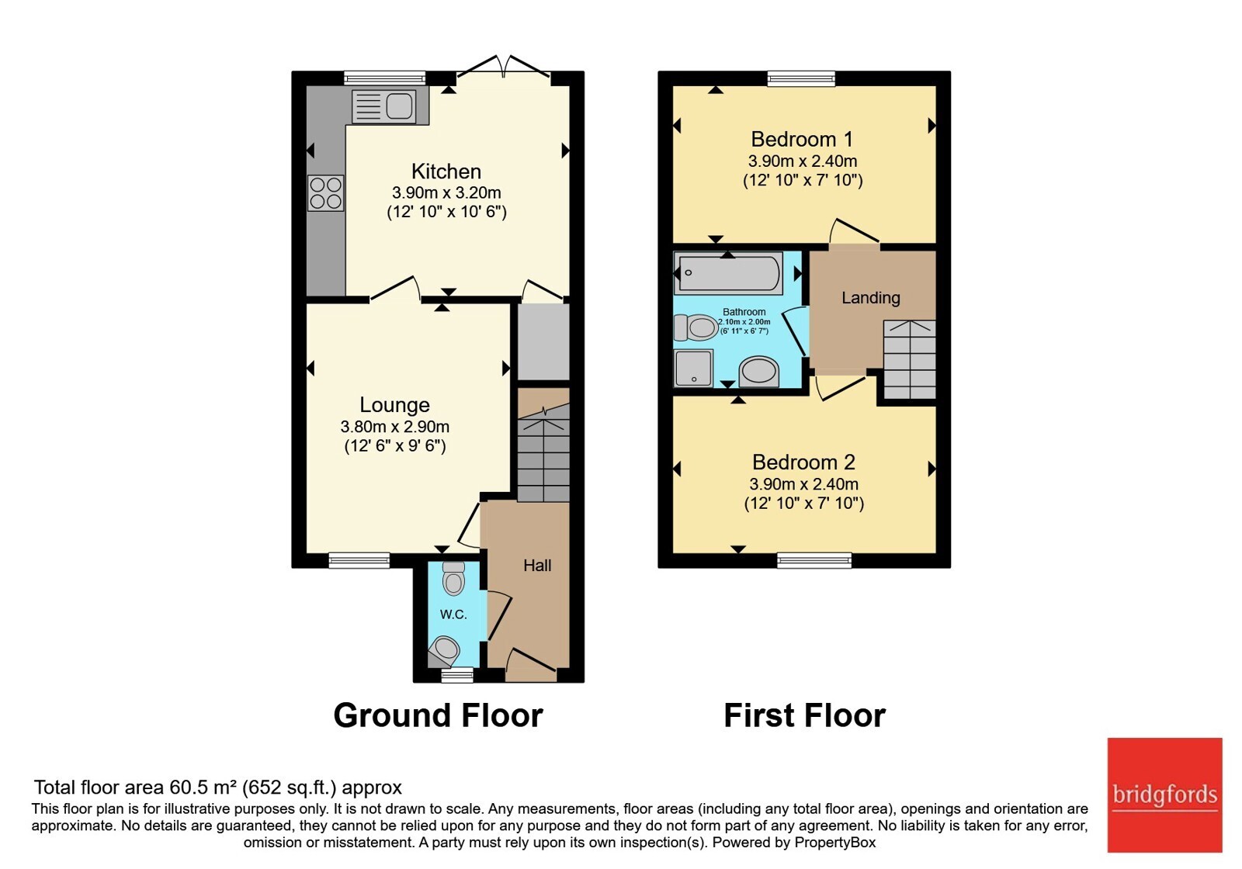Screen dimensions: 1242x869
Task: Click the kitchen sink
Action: (383, 106)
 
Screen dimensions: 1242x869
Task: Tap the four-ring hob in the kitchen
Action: (326, 193)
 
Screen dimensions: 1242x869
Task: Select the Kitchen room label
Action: (446, 171)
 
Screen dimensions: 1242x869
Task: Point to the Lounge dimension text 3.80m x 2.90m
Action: (395, 427)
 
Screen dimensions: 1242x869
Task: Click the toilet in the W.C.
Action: (453, 579)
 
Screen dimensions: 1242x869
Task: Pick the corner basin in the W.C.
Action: (445, 651)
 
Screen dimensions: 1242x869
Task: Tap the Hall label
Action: (537, 566)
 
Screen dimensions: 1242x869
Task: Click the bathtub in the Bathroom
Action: (729, 272)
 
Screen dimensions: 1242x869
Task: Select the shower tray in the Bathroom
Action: (693, 368)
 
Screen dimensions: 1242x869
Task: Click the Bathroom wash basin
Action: (759, 372)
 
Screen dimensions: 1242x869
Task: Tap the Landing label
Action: (870, 298)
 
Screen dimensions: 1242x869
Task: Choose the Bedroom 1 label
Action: (802, 139)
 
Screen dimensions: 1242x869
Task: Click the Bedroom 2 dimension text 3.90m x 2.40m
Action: (804, 484)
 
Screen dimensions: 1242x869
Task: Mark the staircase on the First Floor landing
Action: (909, 359)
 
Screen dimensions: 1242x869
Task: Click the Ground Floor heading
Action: (438, 715)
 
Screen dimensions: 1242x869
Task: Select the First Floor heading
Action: (804, 715)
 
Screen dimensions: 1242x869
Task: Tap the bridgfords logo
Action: (1165, 795)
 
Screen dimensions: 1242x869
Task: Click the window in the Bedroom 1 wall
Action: (801, 78)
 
